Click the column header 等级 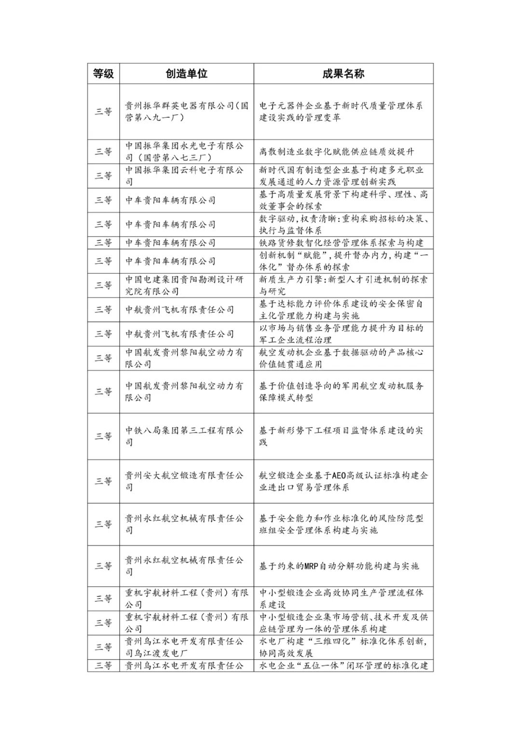(x=103, y=73)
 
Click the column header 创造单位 (x=186, y=73)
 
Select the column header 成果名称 (x=343, y=73)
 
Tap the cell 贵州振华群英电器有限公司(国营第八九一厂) (x=186, y=111)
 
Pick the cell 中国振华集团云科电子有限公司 (x=186, y=176)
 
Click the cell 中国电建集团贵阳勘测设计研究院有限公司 (x=186, y=285)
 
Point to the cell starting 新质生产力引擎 (x=343, y=285)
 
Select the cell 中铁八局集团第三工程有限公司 (x=186, y=436)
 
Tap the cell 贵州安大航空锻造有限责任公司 (x=186, y=481)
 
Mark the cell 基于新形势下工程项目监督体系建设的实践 (x=343, y=436)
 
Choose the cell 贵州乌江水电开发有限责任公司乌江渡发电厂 (x=186, y=647)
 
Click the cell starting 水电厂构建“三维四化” (x=343, y=647)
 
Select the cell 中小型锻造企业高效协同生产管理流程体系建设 (x=343, y=598)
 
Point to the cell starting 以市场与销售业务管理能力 (x=343, y=334)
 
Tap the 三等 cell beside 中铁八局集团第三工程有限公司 (x=103, y=436)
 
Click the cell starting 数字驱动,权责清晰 (x=343, y=224)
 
